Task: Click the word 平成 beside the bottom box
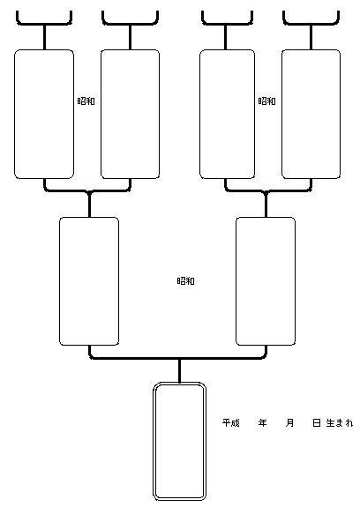[x=230, y=422]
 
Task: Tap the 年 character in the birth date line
[x=262, y=422]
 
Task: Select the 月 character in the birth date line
[x=289, y=422]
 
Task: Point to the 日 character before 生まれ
[x=317, y=422]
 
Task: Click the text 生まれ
[x=340, y=422]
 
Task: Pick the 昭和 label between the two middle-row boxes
[x=185, y=281]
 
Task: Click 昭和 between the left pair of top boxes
[x=86, y=101]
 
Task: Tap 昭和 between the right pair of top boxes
[x=266, y=101]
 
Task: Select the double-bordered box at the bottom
[x=154, y=441]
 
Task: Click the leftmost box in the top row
[x=14, y=114]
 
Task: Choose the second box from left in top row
[x=101, y=114]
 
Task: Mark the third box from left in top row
[x=200, y=114]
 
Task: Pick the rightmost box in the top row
[x=282, y=114]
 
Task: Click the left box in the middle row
[x=60, y=281]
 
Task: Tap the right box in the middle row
[x=236, y=281]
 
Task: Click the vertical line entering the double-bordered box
[x=179, y=371]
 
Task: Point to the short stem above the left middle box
[x=89, y=205]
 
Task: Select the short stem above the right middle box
[x=266, y=205]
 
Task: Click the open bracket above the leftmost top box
[x=44, y=23]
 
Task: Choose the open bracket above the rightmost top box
[x=311, y=23]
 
